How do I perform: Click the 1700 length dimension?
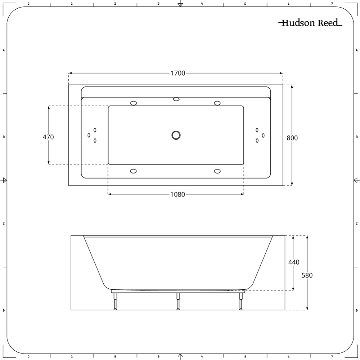[177, 73]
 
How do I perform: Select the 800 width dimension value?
[292, 138]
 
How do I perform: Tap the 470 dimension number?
[48, 137]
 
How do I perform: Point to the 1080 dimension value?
[177, 195]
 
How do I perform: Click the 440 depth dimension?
[294, 262]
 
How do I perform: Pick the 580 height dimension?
[307, 275]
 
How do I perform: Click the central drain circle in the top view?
[176, 135]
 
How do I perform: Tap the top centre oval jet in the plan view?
[176, 99]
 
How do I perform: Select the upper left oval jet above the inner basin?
[134, 103]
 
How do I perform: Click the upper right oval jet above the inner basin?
[217, 103]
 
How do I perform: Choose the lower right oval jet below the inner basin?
[217, 171]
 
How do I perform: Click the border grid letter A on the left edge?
[4, 50]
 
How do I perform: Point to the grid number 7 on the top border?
[332, 4]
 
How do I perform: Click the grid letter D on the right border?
[356, 310]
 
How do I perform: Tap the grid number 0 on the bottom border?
[28, 357]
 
